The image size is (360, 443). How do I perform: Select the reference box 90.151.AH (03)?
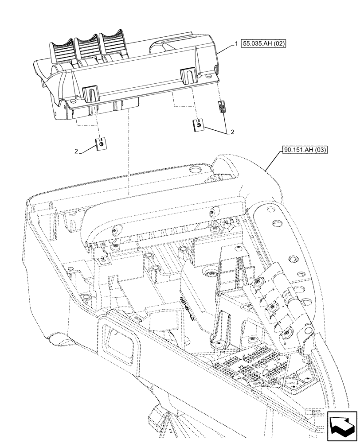click(x=303, y=150)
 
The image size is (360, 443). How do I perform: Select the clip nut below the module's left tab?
click(x=102, y=144)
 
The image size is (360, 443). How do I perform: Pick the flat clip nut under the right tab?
click(x=199, y=126)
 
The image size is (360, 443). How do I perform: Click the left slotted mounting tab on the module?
click(x=90, y=93)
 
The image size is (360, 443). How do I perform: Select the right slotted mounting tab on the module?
click(x=188, y=76)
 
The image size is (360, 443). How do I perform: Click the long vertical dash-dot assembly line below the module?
click(x=128, y=151)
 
